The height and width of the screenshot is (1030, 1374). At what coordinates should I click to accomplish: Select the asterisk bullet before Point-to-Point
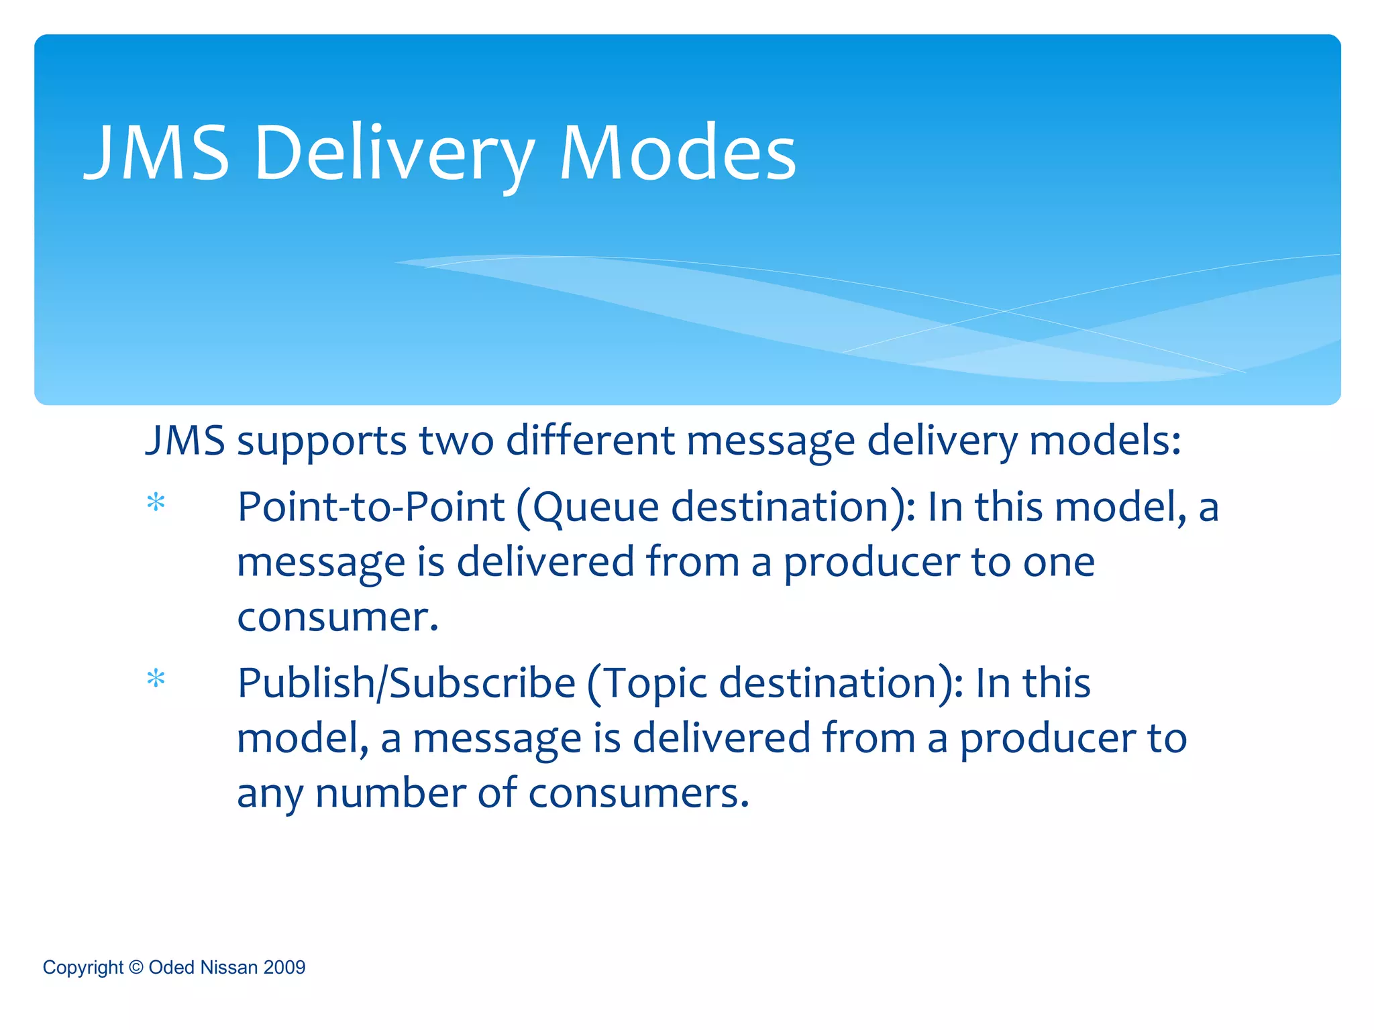pyautogui.click(x=156, y=502)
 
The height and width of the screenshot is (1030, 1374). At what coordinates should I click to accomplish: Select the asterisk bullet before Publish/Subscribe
pyautogui.click(x=156, y=679)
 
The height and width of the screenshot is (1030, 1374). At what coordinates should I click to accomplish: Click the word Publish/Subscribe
pyautogui.click(x=407, y=683)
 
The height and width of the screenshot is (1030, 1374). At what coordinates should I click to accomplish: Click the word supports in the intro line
pyautogui.click(x=321, y=442)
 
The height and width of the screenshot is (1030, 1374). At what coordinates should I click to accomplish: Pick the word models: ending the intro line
pyautogui.click(x=1104, y=441)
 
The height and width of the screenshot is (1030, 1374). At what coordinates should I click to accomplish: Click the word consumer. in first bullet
pyautogui.click(x=337, y=617)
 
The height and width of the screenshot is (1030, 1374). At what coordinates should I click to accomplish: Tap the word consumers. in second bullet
pyautogui.click(x=638, y=793)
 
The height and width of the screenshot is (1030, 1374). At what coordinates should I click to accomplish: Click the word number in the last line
pyautogui.click(x=390, y=793)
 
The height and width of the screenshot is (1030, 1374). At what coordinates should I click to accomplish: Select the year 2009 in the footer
pyautogui.click(x=284, y=967)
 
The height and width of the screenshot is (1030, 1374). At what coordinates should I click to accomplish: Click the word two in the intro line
pyautogui.click(x=456, y=441)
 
